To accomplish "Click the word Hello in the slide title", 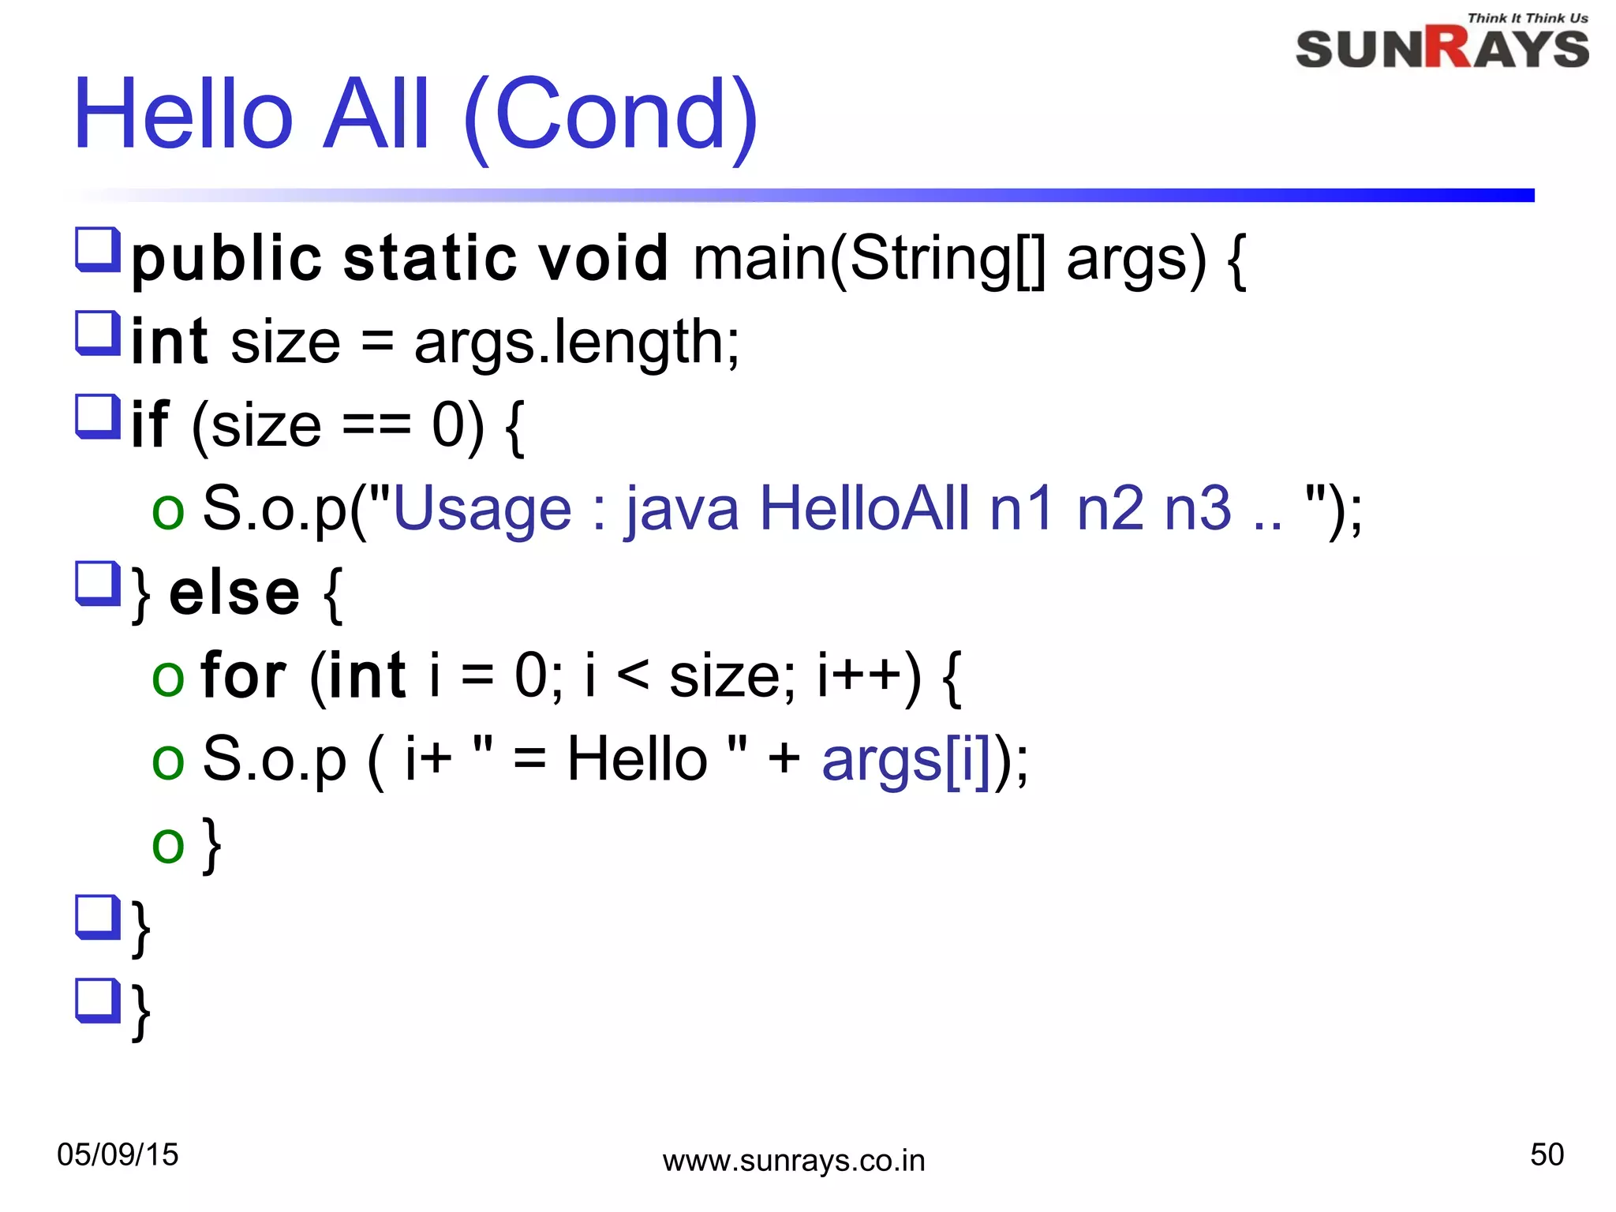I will coord(183,115).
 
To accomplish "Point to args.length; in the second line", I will coord(577,342).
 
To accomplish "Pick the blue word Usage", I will coord(482,509).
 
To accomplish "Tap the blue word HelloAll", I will coord(863,509).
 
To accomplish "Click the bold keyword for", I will coord(243,676).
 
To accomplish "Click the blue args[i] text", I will coord(905,761).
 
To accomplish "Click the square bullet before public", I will coord(98,249).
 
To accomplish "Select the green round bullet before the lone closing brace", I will coord(168,845).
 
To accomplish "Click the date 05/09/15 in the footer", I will coord(118,1154).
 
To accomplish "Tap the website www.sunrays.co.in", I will coord(793,1161).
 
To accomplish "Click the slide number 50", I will coord(1547,1154).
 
